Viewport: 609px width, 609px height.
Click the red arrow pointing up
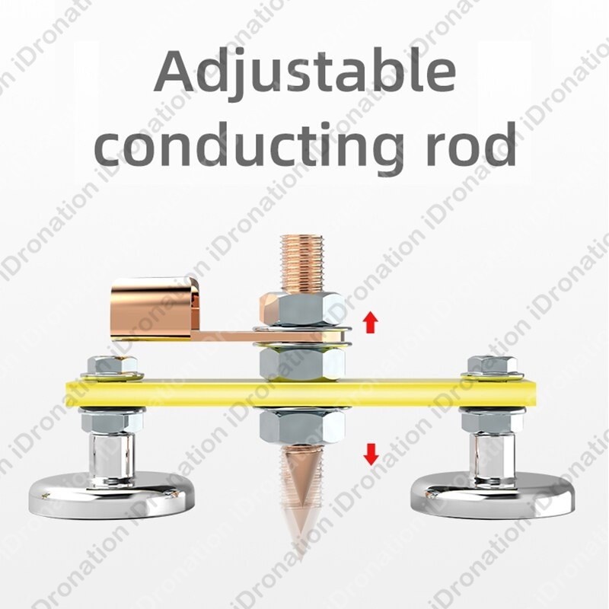(371, 322)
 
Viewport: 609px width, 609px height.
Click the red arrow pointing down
(371, 454)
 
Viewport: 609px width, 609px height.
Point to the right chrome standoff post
(491, 457)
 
